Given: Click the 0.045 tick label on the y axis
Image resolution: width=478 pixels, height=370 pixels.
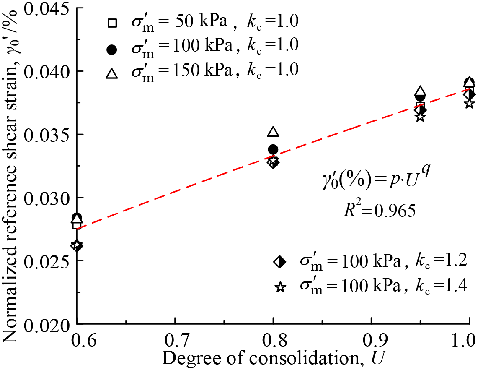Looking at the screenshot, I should click(47, 9).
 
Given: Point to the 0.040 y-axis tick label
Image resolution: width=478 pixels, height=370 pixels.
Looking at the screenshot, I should click(47, 71).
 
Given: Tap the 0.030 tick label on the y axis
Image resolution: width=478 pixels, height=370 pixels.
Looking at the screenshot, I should click(47, 198).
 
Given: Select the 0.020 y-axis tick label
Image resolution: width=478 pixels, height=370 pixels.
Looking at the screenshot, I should click(47, 323).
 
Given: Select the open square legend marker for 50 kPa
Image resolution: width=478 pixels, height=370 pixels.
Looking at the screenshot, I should click(111, 23).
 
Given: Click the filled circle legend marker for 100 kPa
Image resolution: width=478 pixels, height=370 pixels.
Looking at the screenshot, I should click(111, 50).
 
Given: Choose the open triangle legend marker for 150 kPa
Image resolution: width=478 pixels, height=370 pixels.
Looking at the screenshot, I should click(111, 74).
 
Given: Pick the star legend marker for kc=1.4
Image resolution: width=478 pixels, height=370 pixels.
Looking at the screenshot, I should click(280, 287).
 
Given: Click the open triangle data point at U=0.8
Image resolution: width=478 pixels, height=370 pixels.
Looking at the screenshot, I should click(273, 132).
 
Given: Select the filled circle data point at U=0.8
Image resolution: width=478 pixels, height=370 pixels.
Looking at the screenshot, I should click(273, 149).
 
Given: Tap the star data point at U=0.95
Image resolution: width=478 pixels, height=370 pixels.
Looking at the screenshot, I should click(420, 117).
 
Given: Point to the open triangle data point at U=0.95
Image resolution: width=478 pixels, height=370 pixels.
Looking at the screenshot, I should click(420, 92).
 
